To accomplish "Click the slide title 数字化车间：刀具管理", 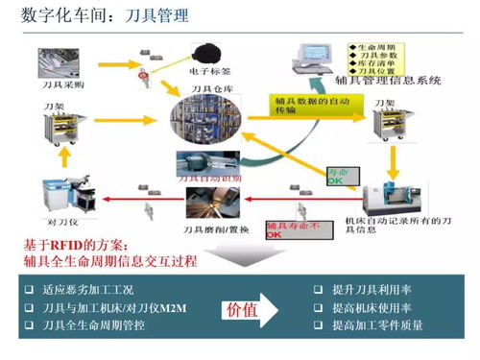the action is click(x=96, y=16).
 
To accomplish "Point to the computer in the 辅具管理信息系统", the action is click(x=313, y=58).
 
